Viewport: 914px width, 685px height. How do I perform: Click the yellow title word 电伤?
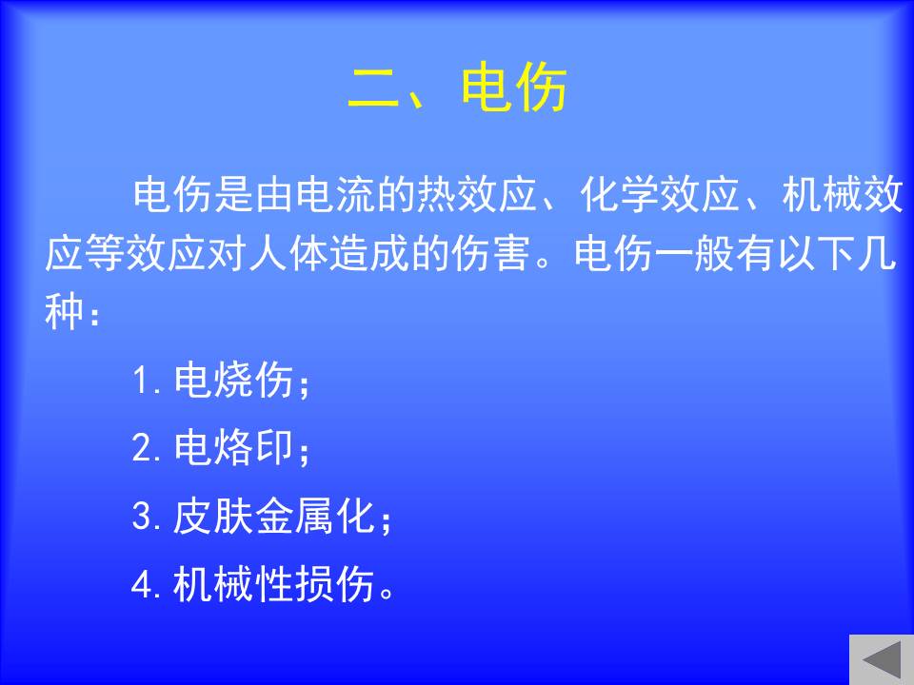[513, 88]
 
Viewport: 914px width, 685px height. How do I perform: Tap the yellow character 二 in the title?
[372, 88]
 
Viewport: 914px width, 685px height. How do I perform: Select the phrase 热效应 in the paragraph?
[478, 194]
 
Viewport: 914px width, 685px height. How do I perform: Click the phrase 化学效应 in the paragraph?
[660, 194]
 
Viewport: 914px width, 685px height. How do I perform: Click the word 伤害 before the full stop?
[492, 254]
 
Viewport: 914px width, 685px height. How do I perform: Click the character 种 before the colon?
[65, 313]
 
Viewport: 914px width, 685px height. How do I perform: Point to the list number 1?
[142, 381]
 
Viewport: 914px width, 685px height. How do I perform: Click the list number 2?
[142, 448]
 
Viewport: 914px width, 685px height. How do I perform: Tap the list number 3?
[142, 517]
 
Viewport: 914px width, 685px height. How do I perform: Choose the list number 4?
[142, 584]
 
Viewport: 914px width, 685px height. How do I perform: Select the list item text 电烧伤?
[233, 381]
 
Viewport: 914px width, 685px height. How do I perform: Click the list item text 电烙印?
[233, 448]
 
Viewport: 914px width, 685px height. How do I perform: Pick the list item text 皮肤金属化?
[273, 516]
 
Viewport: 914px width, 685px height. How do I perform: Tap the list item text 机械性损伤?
[273, 583]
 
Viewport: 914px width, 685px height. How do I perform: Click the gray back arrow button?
[882, 659]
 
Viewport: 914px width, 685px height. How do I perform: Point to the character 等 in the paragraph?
[105, 254]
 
